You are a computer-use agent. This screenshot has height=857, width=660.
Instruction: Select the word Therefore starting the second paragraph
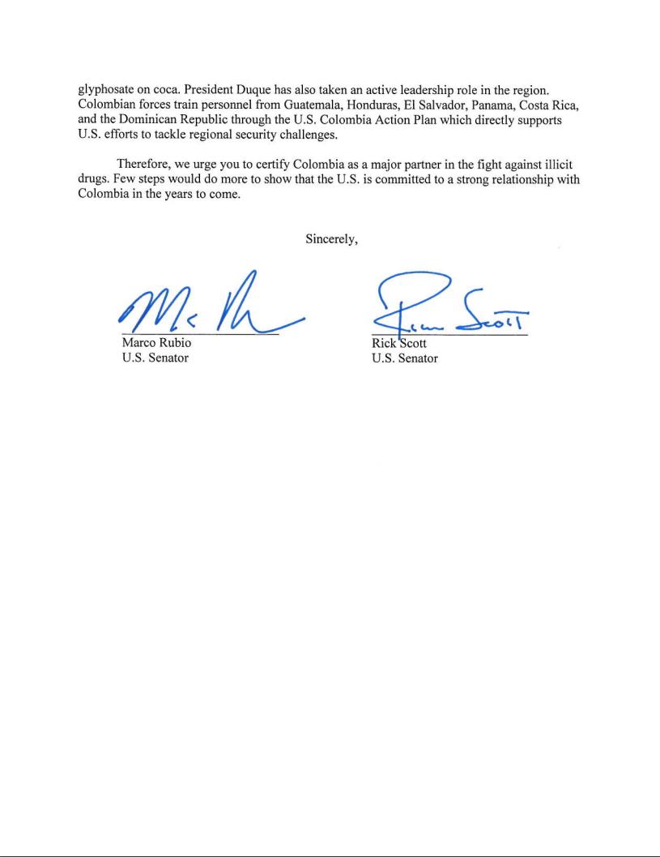pos(143,165)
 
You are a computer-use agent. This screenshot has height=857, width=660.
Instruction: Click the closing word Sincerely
pos(331,239)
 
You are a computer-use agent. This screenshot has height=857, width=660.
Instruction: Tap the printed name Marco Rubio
pos(156,344)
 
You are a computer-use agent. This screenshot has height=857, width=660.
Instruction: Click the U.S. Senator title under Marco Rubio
pos(155,358)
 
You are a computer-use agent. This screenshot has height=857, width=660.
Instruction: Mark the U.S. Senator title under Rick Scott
pos(404,358)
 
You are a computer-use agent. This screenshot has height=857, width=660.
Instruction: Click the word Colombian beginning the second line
pos(108,105)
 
